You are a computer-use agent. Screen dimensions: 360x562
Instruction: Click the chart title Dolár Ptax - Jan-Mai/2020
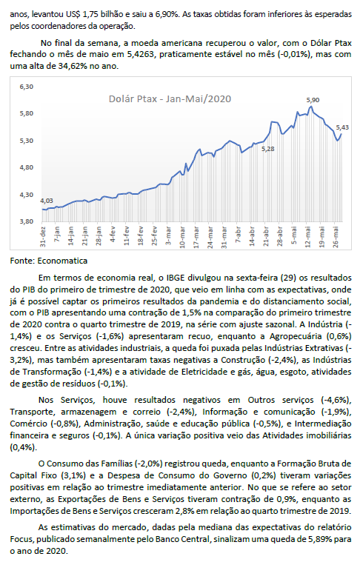(170, 99)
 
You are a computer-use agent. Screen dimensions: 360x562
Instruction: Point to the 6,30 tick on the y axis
(27, 87)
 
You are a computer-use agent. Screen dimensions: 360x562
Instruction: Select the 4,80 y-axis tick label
(27, 167)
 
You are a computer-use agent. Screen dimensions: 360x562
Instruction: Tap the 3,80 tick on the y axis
(27, 221)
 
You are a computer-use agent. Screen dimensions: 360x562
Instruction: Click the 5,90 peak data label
(313, 101)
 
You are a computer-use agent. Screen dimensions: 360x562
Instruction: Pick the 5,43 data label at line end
(342, 127)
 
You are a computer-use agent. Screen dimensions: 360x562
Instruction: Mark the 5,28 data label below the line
(268, 149)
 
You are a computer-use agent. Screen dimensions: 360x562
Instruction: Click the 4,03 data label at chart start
(47, 201)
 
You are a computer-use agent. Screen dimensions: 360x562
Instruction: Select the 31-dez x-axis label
(44, 236)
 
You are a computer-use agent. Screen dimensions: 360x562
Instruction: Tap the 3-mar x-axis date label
(168, 235)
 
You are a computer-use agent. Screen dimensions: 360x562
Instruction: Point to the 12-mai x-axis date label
(307, 236)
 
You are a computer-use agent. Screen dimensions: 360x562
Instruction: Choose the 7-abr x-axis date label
(238, 235)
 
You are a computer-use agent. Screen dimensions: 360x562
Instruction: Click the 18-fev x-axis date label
(141, 236)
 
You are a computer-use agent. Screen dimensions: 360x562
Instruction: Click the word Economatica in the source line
(62, 261)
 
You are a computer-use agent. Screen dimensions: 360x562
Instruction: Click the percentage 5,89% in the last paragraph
(318, 539)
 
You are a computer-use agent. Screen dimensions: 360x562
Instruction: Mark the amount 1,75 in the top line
(92, 15)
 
